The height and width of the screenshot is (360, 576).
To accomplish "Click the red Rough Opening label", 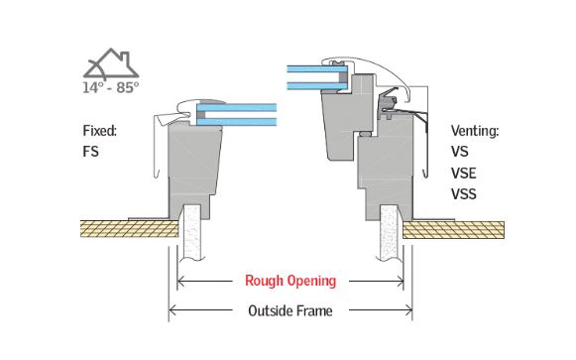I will coord(289,281).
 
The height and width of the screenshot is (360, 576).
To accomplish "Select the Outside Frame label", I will coord(289,310).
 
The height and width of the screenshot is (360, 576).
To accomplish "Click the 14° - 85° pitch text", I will coord(111,87).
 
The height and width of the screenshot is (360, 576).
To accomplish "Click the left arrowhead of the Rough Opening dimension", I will coord(182,281).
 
